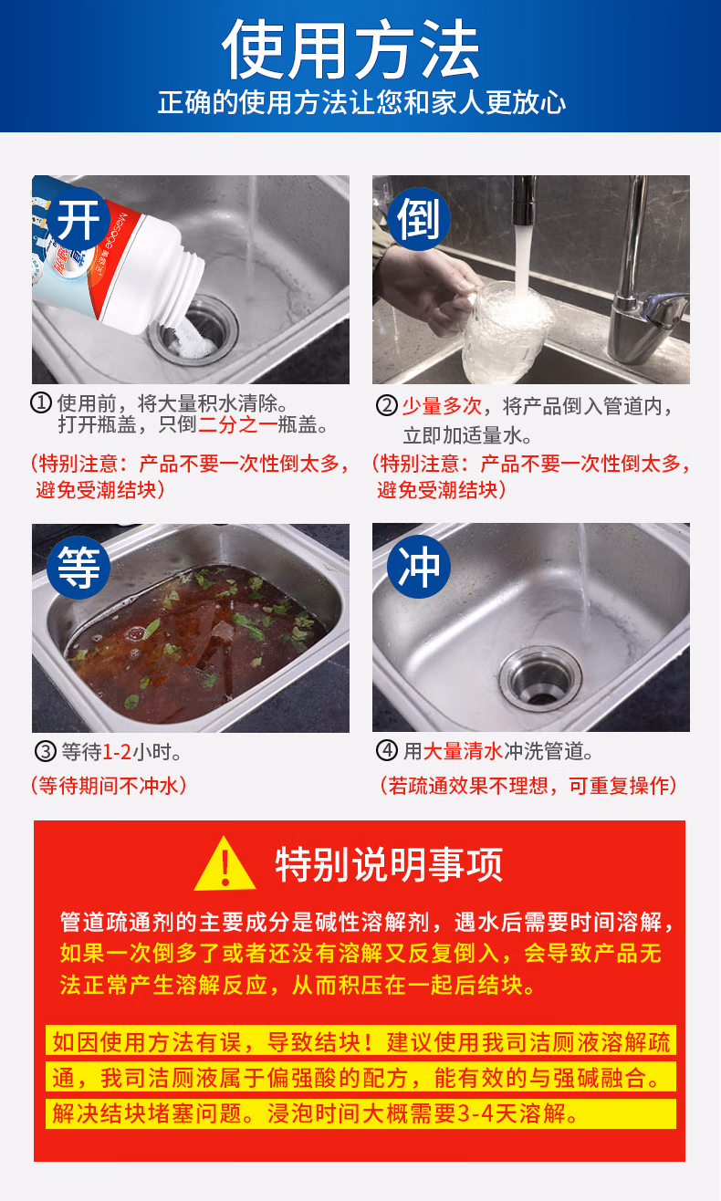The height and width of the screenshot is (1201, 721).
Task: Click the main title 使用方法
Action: [x=351, y=49]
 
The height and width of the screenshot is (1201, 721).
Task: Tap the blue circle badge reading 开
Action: [x=78, y=219]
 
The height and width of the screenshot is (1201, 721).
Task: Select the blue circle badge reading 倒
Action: [x=419, y=219]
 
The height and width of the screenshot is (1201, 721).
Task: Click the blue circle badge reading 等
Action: [x=78, y=568]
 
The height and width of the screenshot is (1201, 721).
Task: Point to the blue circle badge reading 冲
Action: [x=419, y=567]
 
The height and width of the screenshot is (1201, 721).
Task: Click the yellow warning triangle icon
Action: [x=225, y=864]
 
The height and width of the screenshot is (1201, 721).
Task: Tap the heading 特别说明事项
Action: [x=389, y=865]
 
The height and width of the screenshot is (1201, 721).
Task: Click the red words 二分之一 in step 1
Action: [x=237, y=425]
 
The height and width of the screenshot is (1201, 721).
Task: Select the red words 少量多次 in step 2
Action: [x=442, y=406]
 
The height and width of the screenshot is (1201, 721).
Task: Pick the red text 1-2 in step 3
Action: [x=116, y=752]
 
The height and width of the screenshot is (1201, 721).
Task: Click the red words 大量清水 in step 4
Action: [x=463, y=751]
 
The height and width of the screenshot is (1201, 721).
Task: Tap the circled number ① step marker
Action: [x=41, y=402]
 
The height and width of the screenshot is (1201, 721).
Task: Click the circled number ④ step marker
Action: [x=386, y=750]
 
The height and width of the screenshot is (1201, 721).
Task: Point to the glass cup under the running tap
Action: [x=507, y=332]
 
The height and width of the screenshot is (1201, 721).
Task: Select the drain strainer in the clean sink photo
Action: [x=540, y=679]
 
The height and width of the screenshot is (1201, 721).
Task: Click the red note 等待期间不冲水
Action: [x=109, y=786]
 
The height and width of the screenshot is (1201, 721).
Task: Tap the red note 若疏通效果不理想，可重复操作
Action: [x=528, y=786]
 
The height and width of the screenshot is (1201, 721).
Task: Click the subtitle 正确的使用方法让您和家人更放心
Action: [x=361, y=102]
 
